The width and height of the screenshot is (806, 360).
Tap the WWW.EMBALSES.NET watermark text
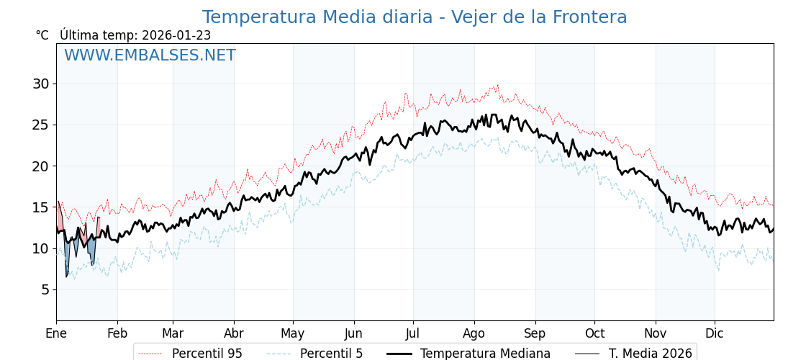click(150, 55)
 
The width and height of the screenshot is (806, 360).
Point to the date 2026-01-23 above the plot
click(176, 35)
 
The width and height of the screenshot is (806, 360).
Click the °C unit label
click(42, 35)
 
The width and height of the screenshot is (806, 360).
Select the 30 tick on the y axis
click(40, 84)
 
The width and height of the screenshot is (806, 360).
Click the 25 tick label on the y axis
click(40, 125)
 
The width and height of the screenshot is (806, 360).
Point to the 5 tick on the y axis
click(45, 289)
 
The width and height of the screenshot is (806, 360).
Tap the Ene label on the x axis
click(56, 333)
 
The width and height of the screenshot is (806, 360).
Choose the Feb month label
click(117, 333)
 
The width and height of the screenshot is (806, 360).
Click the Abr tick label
click(234, 333)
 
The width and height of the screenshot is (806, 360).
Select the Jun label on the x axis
click(354, 333)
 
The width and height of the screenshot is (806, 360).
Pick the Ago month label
click(474, 333)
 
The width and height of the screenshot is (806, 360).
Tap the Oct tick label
click(594, 333)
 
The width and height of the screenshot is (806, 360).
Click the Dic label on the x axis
click(715, 333)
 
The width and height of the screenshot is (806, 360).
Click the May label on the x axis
click(293, 333)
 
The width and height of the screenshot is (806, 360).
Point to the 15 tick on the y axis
click(40, 207)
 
